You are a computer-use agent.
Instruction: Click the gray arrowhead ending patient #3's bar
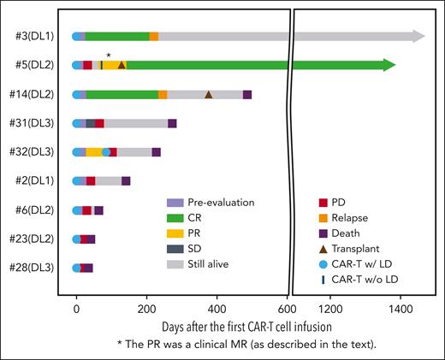pyautogui.click(x=418, y=36)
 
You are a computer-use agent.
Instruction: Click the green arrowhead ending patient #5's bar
pyautogui.click(x=389, y=65)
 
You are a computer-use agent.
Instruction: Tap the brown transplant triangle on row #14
pyautogui.click(x=208, y=94)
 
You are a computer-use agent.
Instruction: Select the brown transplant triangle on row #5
pyautogui.click(x=122, y=65)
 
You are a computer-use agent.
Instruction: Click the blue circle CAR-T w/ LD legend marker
pyautogui.click(x=322, y=263)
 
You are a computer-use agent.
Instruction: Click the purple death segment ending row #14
pyautogui.click(x=247, y=94)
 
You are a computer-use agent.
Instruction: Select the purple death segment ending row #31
pyautogui.click(x=172, y=123)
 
